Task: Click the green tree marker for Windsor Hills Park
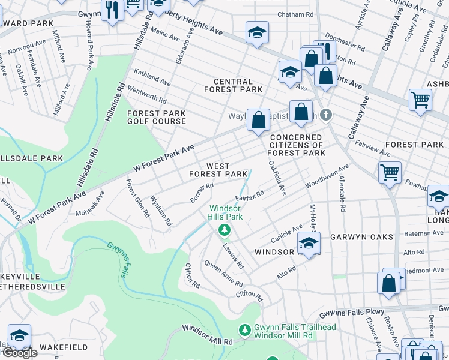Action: point(224,230)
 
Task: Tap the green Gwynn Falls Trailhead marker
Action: point(244,330)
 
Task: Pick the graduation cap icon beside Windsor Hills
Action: point(309,244)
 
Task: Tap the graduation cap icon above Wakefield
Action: point(19,336)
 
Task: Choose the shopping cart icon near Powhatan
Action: point(390,173)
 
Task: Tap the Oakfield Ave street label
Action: point(277,177)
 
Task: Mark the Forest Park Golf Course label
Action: point(156,117)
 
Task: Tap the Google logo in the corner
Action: point(19,353)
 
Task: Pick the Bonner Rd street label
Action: point(202,191)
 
